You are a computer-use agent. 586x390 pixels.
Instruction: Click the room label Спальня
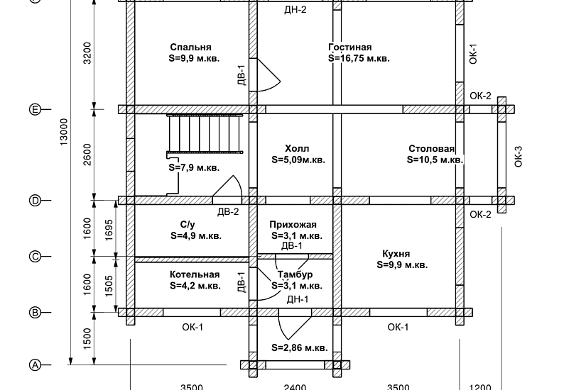(x=190, y=48)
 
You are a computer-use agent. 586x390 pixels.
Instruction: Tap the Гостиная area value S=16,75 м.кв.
(x=359, y=59)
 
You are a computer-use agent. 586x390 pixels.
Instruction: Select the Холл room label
(x=297, y=148)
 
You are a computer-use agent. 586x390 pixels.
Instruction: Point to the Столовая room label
(x=432, y=148)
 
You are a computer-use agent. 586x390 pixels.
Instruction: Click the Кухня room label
(x=396, y=254)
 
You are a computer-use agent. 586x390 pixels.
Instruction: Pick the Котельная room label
(x=195, y=274)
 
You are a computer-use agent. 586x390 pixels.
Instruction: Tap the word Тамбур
(x=295, y=274)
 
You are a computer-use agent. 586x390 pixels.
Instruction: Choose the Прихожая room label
(x=293, y=225)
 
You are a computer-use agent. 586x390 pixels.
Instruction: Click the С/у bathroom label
(x=188, y=225)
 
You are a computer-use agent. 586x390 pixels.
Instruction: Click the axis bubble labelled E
(x=35, y=109)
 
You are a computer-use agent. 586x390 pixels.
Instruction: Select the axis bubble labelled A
(x=35, y=365)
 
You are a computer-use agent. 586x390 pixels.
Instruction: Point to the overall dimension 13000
(x=64, y=132)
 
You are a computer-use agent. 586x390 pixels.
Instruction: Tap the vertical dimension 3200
(x=87, y=53)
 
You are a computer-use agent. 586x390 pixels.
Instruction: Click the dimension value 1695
(x=109, y=230)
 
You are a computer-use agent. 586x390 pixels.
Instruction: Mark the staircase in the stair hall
(x=205, y=133)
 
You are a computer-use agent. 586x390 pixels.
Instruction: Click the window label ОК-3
(x=518, y=157)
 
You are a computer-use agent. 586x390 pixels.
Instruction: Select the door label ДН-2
(x=295, y=10)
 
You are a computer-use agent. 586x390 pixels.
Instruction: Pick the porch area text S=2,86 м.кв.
(x=299, y=348)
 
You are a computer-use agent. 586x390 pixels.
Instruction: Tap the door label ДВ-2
(x=228, y=212)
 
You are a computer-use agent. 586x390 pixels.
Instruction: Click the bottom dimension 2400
(x=295, y=387)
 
